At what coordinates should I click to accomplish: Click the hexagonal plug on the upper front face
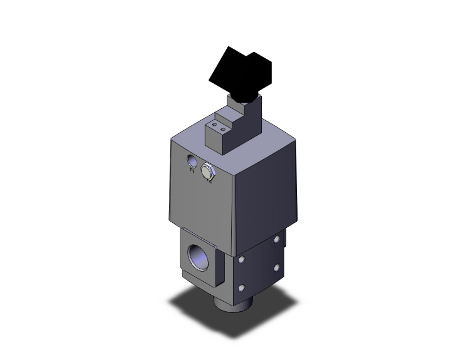[208, 170]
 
